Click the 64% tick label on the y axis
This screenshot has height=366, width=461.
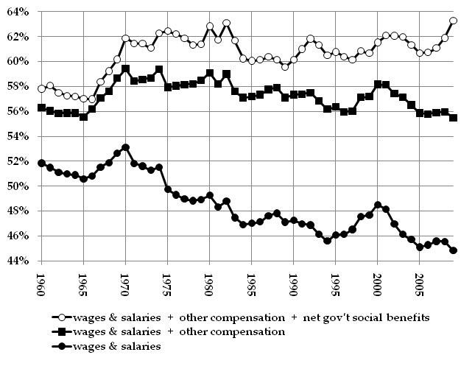click(17, 12)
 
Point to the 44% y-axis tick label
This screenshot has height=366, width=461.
click(17, 261)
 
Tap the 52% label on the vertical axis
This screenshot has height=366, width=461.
click(17, 161)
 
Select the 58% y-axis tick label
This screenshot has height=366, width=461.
click(17, 87)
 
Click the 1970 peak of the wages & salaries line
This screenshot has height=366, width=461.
click(125, 147)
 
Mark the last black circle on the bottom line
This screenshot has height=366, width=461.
click(453, 250)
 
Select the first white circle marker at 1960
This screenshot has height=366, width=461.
click(42, 89)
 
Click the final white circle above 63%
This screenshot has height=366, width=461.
click(453, 21)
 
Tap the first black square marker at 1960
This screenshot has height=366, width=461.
click(42, 108)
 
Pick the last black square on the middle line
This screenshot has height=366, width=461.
click(453, 118)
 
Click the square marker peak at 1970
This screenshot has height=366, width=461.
click(125, 69)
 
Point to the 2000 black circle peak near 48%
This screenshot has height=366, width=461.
click(378, 205)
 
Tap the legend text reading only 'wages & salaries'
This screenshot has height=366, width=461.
click(122, 347)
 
